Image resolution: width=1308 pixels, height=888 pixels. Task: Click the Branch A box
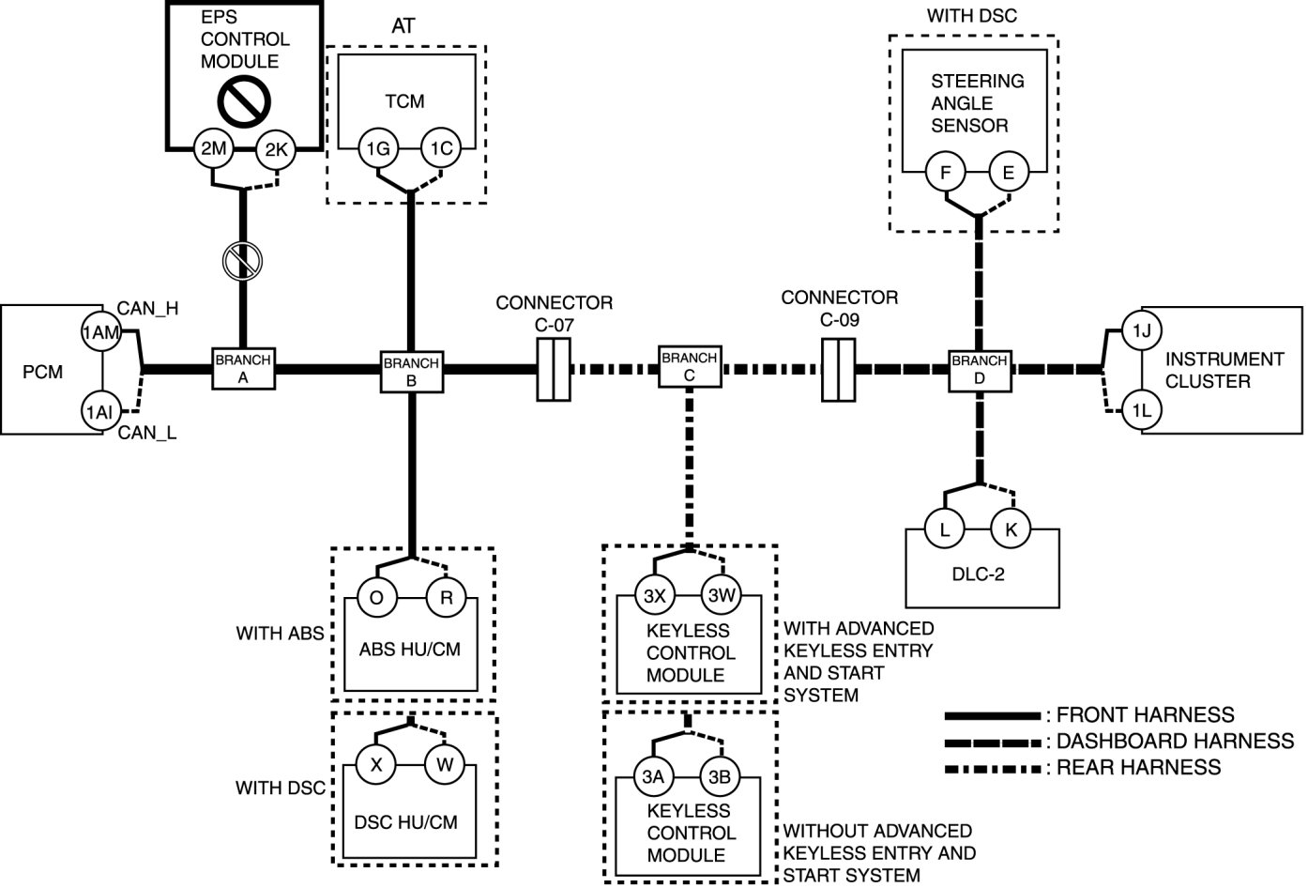(243, 367)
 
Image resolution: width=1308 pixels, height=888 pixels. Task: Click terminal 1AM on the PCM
(101, 331)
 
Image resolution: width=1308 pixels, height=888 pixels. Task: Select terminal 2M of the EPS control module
(214, 149)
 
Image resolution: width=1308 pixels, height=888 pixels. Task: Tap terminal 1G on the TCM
(378, 148)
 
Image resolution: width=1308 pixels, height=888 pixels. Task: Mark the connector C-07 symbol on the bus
(555, 370)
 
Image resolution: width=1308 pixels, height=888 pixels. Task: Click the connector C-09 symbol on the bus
(838, 370)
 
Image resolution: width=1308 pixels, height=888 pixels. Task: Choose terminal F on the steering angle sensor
(945, 173)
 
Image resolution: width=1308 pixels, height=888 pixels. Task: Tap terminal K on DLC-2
(1011, 529)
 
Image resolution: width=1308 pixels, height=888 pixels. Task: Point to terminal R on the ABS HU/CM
(446, 598)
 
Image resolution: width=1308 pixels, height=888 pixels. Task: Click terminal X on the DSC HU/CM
(376, 764)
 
